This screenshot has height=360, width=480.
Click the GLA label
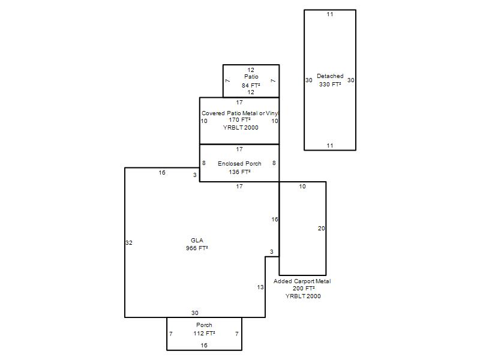(x=197, y=241)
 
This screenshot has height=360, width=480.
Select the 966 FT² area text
(x=197, y=248)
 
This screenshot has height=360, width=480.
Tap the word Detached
(x=330, y=76)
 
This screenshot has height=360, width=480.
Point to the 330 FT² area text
(x=330, y=84)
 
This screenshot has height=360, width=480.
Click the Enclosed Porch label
(x=239, y=163)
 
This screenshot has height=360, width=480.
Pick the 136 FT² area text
(x=239, y=172)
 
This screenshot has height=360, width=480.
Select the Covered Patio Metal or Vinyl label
(x=239, y=113)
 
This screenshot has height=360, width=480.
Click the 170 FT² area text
(x=239, y=119)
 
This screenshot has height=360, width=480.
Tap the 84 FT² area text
(x=251, y=85)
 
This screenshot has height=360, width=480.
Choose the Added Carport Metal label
(x=302, y=281)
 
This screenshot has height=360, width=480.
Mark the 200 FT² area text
(x=304, y=289)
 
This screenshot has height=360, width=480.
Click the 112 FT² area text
(x=204, y=333)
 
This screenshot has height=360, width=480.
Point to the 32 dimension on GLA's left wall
(x=129, y=243)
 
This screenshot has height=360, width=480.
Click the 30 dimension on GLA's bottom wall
(x=194, y=313)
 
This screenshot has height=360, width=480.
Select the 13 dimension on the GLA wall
(x=260, y=287)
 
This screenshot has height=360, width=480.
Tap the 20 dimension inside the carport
(x=321, y=229)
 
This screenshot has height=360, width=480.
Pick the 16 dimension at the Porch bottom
(x=204, y=346)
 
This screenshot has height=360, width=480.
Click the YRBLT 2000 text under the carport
(x=303, y=296)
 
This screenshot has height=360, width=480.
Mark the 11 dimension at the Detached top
(x=329, y=14)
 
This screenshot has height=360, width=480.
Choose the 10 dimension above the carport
(x=302, y=187)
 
